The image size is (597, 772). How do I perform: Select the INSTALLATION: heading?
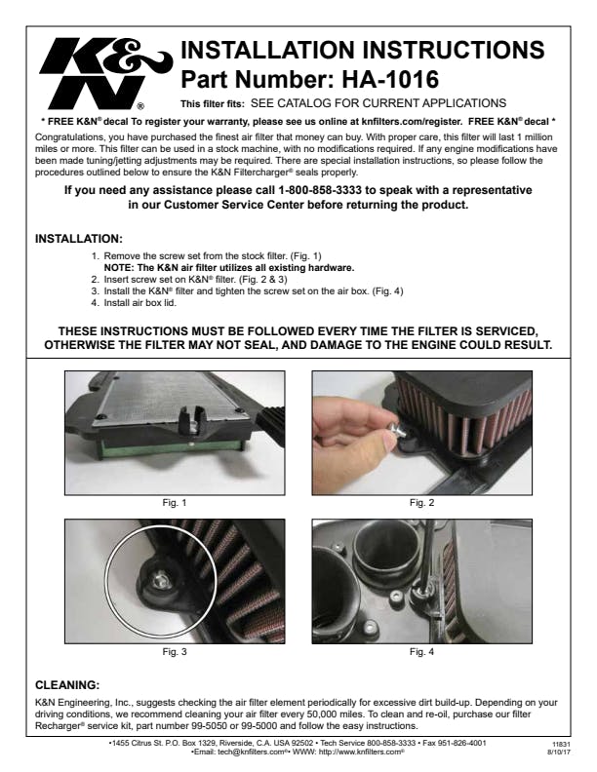point(79,239)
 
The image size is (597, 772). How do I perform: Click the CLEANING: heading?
point(67,685)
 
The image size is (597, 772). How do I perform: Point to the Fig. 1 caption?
point(175,503)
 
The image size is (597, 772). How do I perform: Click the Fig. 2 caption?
point(421,503)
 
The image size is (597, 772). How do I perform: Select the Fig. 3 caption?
point(175,652)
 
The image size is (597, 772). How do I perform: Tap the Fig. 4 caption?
point(421,652)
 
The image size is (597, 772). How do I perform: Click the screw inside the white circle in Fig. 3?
point(159,582)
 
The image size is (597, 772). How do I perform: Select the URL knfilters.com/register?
point(412,121)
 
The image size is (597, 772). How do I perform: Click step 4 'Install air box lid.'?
point(139,303)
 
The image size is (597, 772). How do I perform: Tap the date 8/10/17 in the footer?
point(559,753)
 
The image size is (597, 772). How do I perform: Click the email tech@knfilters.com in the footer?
point(252,752)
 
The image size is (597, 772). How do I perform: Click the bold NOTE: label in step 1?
point(119,268)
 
